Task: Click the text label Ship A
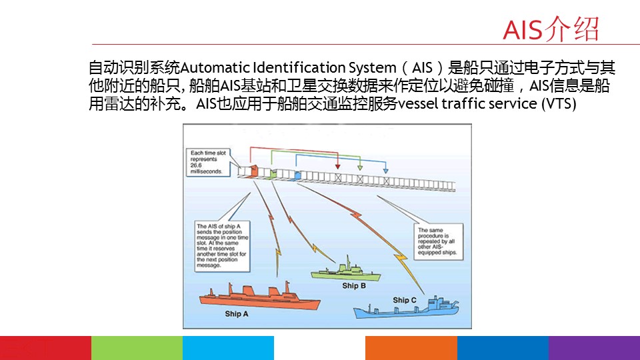(237, 313)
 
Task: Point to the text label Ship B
(354, 286)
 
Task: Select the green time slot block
(273, 173)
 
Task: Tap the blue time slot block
(297, 175)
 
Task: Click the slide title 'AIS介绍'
(551, 29)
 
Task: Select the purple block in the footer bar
(594, 348)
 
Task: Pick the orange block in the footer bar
(411, 348)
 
